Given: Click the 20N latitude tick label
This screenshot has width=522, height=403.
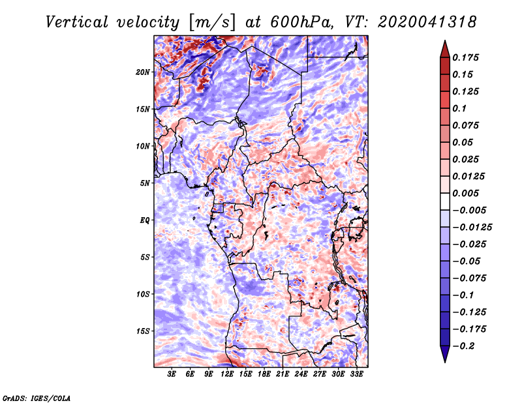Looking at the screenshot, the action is tap(142, 72).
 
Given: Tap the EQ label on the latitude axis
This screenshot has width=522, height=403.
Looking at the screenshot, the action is tap(144, 220).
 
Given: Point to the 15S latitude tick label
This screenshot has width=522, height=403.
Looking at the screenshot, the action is tap(142, 331).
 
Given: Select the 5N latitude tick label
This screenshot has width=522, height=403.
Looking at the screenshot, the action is tap(145, 183).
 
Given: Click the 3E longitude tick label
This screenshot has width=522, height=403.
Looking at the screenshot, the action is tap(172, 374).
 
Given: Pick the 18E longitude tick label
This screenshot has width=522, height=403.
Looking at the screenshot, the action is tap(264, 374).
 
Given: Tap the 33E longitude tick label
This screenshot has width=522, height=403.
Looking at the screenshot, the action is tap(356, 374).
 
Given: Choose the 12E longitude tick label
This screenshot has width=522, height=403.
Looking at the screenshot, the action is tap(227, 374).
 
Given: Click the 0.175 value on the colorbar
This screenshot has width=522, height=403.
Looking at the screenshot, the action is tap(465, 57).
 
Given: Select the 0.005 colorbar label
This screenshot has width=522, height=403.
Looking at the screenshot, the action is tap(465, 193).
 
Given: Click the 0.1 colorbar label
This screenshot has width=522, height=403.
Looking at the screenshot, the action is tap(460, 108).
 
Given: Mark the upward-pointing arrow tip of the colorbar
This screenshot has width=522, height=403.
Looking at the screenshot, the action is tap(445, 40).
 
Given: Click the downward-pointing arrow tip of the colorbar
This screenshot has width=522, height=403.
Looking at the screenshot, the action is tap(445, 362).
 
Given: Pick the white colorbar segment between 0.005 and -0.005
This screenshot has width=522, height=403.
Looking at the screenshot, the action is tap(445, 201).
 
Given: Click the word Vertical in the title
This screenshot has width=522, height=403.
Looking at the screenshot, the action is tap(77, 22).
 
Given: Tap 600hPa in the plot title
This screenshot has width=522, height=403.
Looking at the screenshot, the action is tap(299, 22).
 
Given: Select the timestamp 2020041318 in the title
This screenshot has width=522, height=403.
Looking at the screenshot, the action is tap(427, 22).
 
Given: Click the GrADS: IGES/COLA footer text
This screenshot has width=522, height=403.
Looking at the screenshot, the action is tap(37, 398).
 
